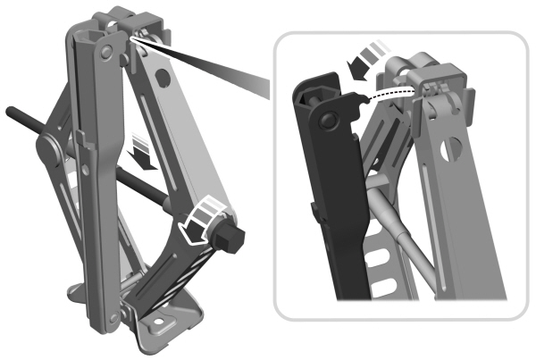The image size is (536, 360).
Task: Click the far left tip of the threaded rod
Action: coord(10,112)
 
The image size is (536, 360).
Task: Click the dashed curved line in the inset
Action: coord(393,93)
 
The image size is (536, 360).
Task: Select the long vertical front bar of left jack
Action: coord(98,179)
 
